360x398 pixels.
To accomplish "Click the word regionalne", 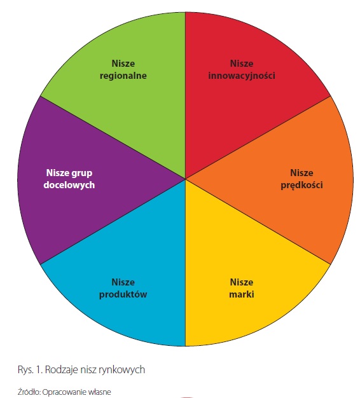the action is (x=123, y=76).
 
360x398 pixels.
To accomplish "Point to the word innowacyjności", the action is (x=242, y=76).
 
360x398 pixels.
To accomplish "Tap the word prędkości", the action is (x=301, y=185).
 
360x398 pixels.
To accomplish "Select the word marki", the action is (x=242, y=294).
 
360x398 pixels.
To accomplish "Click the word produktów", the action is (x=123, y=295).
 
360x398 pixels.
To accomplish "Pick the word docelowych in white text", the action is (x=69, y=185).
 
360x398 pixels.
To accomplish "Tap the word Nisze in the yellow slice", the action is (x=242, y=282).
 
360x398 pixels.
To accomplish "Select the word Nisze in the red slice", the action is (x=242, y=64).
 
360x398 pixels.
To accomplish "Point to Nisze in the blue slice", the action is (x=123, y=282).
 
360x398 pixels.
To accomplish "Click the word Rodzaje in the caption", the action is (x=62, y=370).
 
